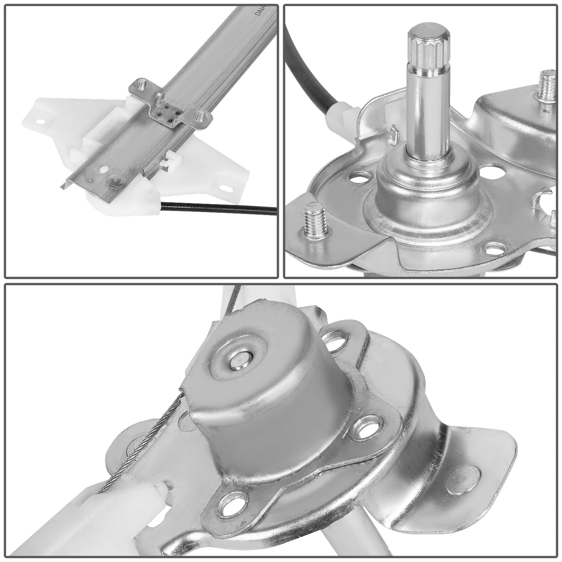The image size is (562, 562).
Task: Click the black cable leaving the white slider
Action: (x=218, y=208)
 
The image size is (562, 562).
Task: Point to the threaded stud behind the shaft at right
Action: (x=548, y=86)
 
